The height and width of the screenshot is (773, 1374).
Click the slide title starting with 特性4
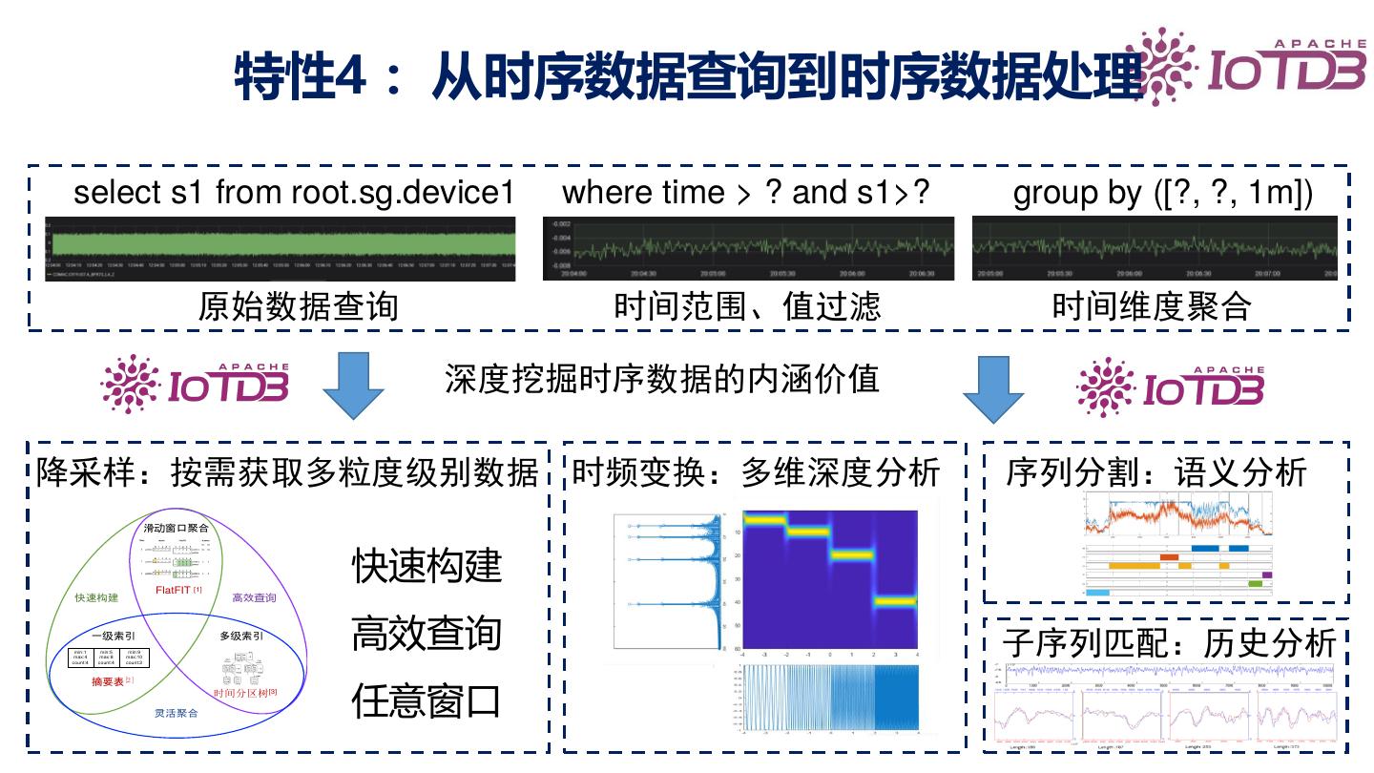687,76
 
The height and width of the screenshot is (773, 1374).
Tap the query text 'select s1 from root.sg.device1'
294,193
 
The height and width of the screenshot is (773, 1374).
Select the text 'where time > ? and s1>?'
746,193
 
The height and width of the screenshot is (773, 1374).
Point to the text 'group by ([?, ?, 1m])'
1162,193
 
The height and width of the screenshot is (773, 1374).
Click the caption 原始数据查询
298,306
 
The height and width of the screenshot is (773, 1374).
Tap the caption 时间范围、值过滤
747,306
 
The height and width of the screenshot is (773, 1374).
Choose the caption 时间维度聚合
1152,306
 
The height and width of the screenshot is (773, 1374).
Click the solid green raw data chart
281,243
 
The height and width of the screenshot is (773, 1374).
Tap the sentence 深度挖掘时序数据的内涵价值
661,379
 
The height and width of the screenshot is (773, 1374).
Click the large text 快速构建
427,567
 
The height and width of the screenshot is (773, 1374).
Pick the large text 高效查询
427,634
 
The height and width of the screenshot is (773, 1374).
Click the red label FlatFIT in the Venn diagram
177,590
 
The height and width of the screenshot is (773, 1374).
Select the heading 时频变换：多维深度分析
756,472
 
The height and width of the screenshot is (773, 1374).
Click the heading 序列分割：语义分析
1156,472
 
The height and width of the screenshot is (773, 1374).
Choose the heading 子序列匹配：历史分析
1169,643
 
